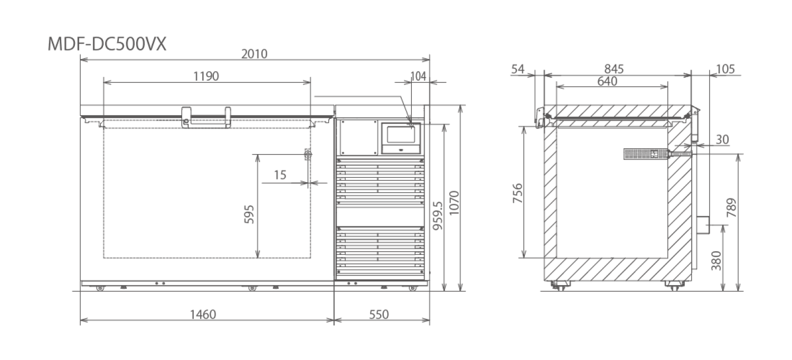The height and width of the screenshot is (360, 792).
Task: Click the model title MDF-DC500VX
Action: pyautogui.click(x=107, y=44)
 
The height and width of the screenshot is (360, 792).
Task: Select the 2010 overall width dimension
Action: pyautogui.click(x=254, y=54)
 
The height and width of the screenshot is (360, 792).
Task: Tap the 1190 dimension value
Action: pyautogui.click(x=206, y=77)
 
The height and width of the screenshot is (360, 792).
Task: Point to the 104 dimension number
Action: pyautogui.click(x=418, y=77)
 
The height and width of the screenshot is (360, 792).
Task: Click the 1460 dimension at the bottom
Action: pyautogui.click(x=203, y=315)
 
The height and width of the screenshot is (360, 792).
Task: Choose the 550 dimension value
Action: pyautogui.click(x=379, y=315)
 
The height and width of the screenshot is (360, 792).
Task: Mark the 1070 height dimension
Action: pyautogui.click(x=454, y=203)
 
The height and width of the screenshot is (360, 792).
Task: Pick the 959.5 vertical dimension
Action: pyautogui.click(x=438, y=216)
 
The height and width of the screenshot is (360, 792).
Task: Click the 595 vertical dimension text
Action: pyautogui.click(x=249, y=214)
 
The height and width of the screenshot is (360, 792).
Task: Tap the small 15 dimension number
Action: pyautogui.click(x=280, y=175)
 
